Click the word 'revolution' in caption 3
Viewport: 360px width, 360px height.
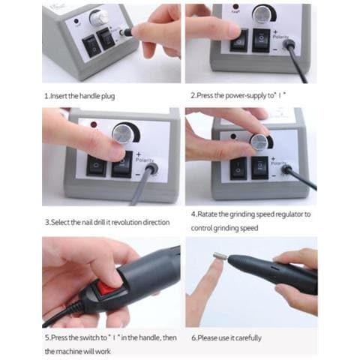click(x=132, y=222)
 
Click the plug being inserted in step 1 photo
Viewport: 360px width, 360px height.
click(x=134, y=32)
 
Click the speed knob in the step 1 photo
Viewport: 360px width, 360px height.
click(x=97, y=17)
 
